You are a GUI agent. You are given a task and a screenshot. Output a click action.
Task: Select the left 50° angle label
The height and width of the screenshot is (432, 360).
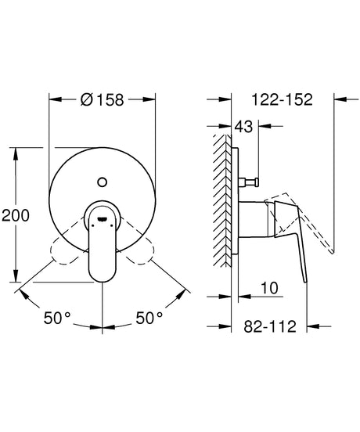click(x=56, y=319)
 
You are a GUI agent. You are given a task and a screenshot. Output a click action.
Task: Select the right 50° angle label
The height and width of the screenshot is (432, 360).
click(x=149, y=319)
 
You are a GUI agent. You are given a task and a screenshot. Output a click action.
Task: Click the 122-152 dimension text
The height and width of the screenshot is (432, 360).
click(x=283, y=99)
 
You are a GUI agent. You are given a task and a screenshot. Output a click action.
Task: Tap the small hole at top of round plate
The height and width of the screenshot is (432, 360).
click(x=100, y=183)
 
